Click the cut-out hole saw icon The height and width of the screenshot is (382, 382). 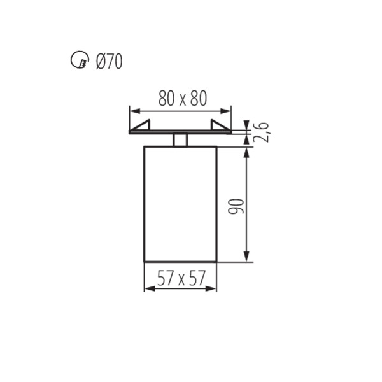(77, 61)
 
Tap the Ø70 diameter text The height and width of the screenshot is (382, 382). (109, 62)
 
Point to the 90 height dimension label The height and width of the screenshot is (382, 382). (237, 205)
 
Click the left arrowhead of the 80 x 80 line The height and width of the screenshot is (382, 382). (133, 109)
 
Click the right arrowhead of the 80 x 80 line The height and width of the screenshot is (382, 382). (227, 109)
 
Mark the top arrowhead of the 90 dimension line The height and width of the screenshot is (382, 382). (246, 152)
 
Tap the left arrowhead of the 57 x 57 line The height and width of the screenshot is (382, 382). (148, 289)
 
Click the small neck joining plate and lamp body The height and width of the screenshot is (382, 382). (180, 140)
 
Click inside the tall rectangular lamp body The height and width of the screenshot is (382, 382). (180, 204)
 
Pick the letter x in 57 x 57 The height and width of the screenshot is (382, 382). (181, 279)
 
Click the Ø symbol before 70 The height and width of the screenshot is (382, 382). (100, 62)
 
